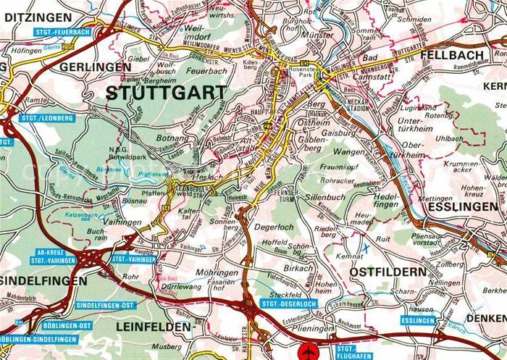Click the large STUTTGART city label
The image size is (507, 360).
click(166, 93)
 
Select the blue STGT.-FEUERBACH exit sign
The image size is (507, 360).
click(62, 33)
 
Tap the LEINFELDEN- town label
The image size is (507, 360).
click(156, 327)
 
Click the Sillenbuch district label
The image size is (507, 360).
click(327, 196)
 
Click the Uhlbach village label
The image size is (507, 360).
click(450, 137)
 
